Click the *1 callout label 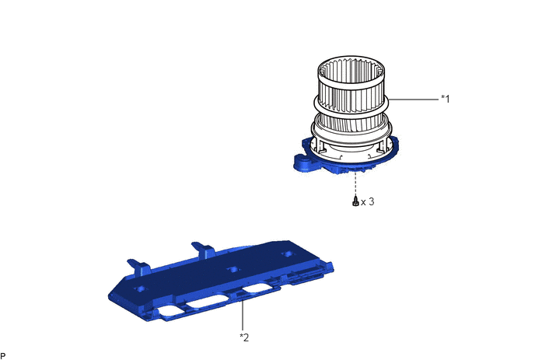click(x=446, y=99)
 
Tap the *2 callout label click(x=244, y=337)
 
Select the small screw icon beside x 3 click(x=355, y=201)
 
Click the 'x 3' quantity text click(x=368, y=201)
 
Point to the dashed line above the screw click(x=356, y=183)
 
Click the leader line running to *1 click(x=414, y=100)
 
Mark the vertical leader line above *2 click(x=243, y=315)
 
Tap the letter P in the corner click(x=3, y=356)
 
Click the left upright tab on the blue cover click(x=140, y=267)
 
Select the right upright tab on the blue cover click(x=204, y=250)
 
